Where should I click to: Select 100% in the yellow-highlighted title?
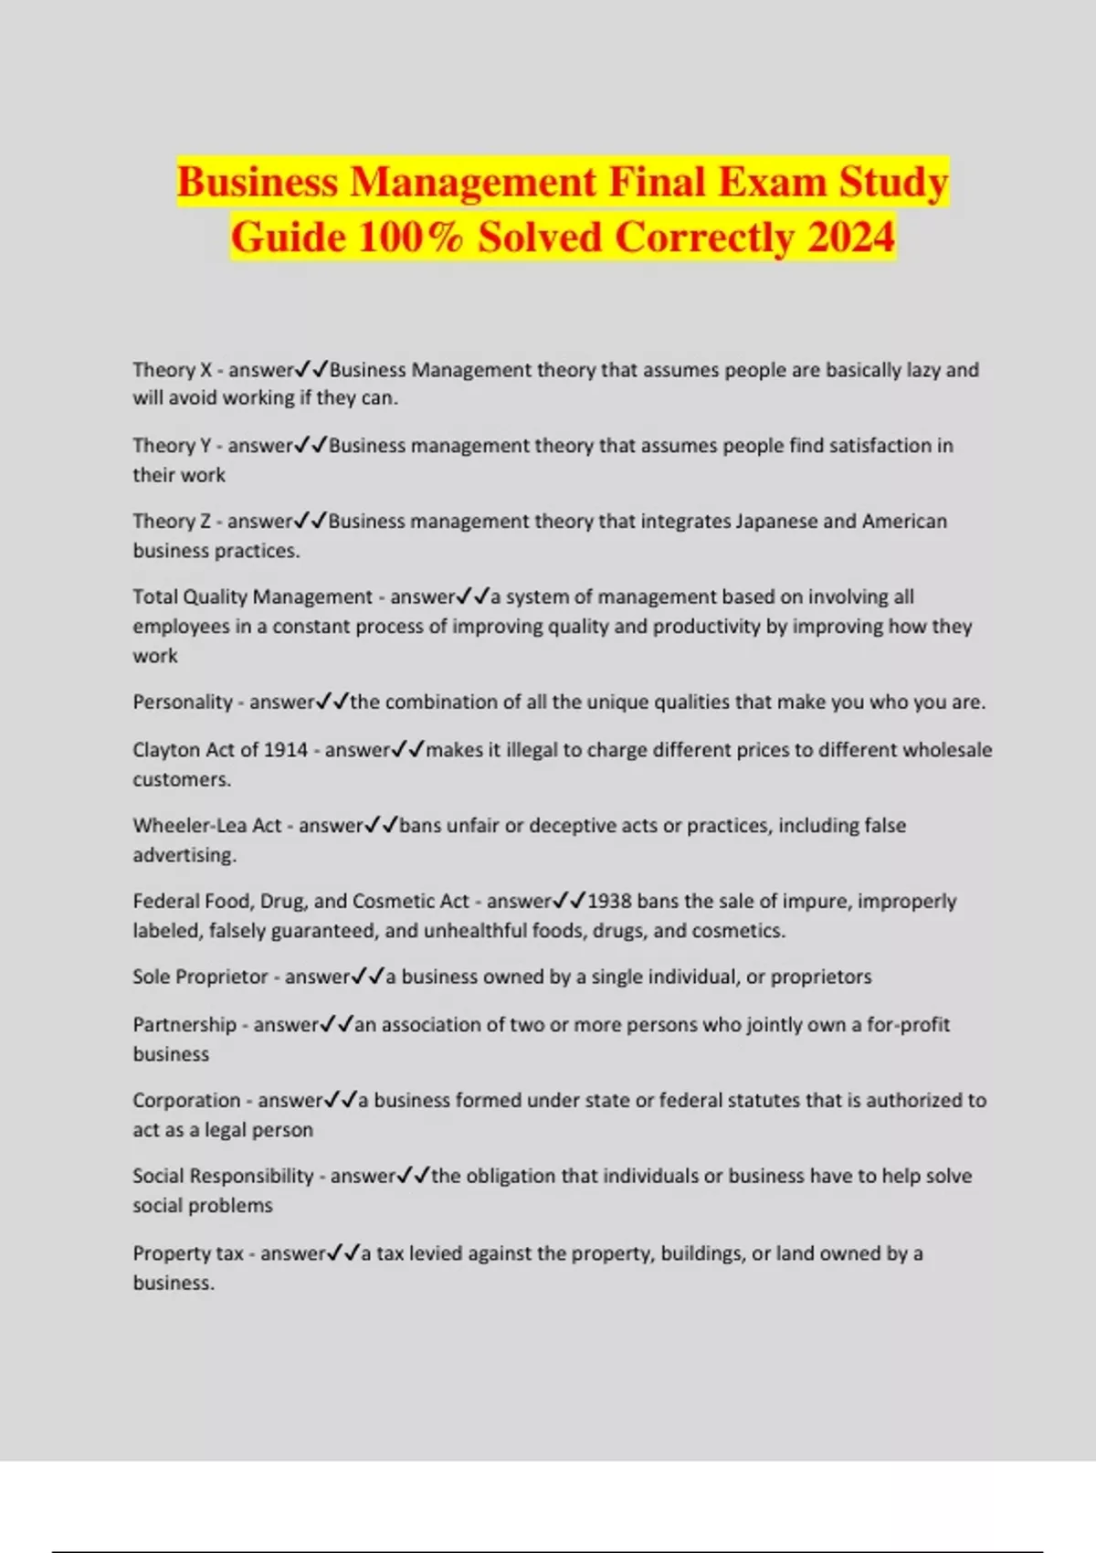pos(410,238)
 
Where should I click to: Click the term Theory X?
pos(172,370)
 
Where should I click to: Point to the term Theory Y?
pos(172,446)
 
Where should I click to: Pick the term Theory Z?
pos(172,522)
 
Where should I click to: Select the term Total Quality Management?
pos(252,597)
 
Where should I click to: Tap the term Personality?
pos(183,703)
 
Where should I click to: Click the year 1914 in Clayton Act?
pos(285,750)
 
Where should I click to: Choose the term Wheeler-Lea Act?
pos(207,826)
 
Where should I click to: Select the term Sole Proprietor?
pos(200,977)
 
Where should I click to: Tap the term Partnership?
pos(184,1025)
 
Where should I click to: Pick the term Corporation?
pos(186,1101)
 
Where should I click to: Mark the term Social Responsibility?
pos(223,1177)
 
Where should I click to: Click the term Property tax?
pos(188,1253)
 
